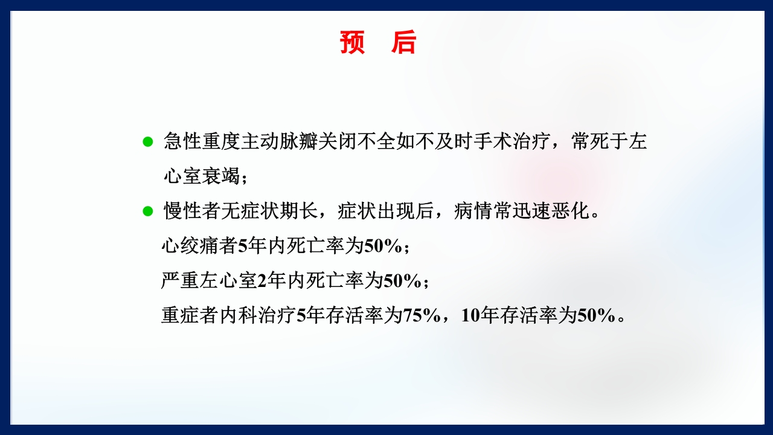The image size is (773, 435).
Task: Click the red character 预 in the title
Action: (353, 43)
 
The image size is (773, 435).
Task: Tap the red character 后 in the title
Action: (403, 43)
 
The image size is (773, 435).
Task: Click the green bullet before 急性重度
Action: (147, 142)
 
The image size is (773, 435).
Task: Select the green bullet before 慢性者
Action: (147, 211)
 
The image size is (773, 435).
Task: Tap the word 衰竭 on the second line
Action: (221, 176)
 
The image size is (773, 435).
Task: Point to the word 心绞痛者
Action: (200, 246)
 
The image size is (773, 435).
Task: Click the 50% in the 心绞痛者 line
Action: (383, 246)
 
